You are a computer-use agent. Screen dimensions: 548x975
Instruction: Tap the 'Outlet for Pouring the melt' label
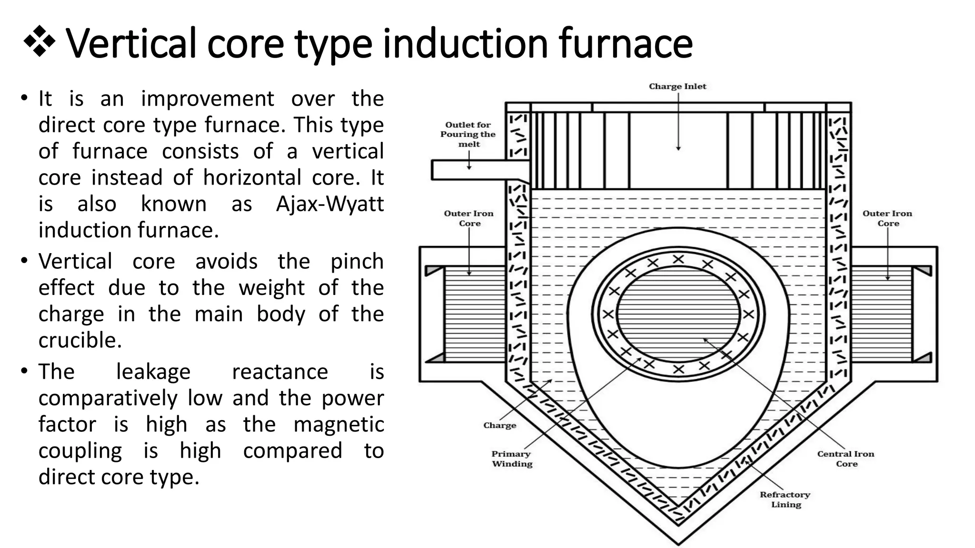pyautogui.click(x=468, y=134)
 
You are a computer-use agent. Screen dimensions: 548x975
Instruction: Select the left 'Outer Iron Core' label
pyautogui.click(x=469, y=218)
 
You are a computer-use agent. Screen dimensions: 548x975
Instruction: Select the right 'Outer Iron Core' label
pyautogui.click(x=887, y=218)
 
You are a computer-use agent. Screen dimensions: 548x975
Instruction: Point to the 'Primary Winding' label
pyautogui.click(x=512, y=459)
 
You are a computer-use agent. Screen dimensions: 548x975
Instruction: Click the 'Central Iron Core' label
pyautogui.click(x=846, y=459)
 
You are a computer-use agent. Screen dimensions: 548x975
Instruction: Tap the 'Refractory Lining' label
pyautogui.click(x=785, y=499)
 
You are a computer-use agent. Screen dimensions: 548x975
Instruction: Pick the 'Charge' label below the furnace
pyautogui.click(x=499, y=425)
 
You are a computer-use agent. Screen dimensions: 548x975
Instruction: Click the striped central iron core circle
pyautogui.click(x=678, y=314)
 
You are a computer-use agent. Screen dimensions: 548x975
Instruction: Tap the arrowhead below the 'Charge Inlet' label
pyautogui.click(x=678, y=148)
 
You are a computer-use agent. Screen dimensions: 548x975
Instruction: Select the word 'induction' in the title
pyautogui.click(x=465, y=44)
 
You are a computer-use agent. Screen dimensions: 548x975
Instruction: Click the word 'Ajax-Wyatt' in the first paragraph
pyautogui.click(x=330, y=204)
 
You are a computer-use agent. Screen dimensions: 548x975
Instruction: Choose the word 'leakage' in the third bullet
pyautogui.click(x=153, y=372)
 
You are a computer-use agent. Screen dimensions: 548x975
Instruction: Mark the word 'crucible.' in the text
pyautogui.click(x=80, y=341)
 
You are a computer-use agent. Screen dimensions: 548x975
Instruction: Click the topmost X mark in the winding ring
pyautogui.click(x=678, y=259)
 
